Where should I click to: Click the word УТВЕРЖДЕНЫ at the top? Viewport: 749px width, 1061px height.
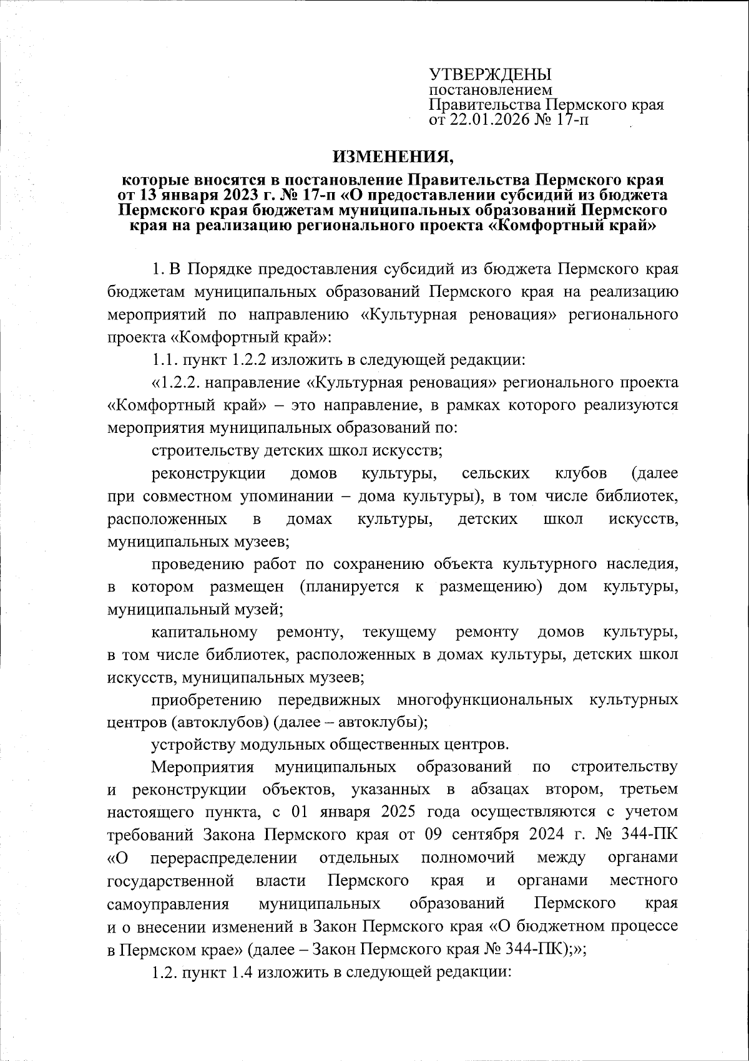click(491, 75)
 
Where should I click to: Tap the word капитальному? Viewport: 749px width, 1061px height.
click(204, 632)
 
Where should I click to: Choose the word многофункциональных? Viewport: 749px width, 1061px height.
click(484, 700)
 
